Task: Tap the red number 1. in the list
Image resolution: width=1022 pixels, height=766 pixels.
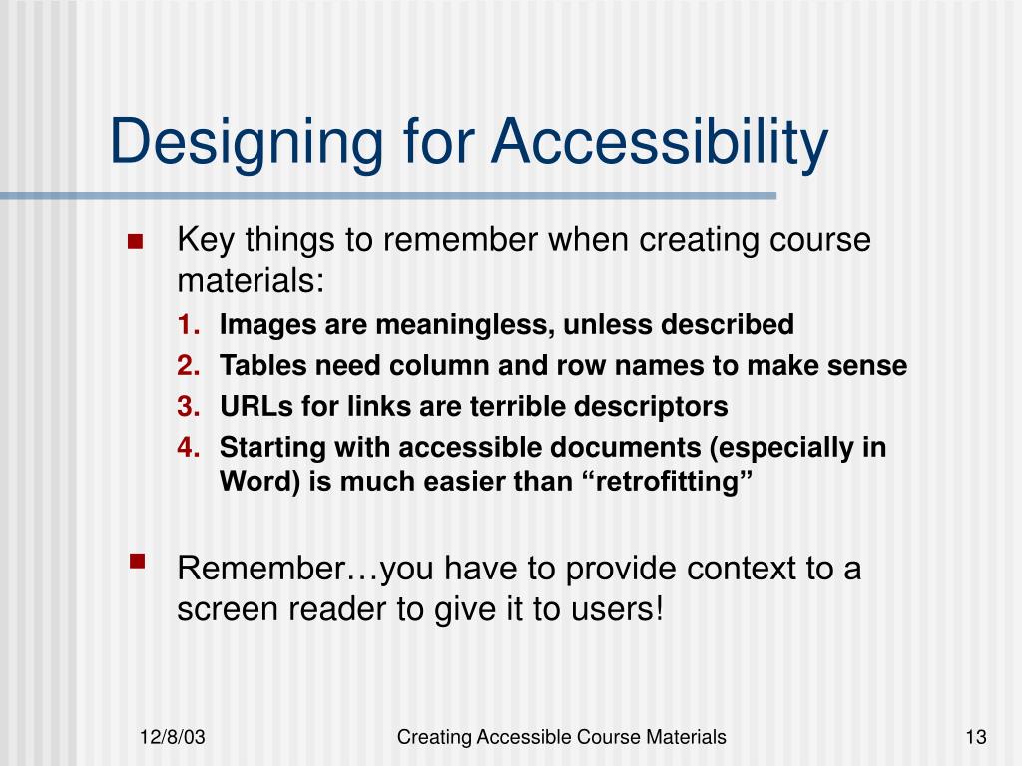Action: (x=190, y=325)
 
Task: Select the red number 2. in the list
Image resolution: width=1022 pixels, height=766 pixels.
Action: (x=190, y=366)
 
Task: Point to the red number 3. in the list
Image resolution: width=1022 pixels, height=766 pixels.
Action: (x=190, y=407)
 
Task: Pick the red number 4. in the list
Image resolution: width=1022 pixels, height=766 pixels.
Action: (x=190, y=448)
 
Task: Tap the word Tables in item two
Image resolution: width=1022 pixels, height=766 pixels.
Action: (x=255, y=366)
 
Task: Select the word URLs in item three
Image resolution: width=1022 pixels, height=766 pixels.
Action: (x=249, y=407)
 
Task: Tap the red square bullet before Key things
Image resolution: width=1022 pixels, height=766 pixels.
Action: (x=136, y=242)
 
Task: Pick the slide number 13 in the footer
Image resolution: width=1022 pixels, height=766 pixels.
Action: (x=975, y=738)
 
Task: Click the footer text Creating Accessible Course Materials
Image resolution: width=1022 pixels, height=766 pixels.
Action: (x=561, y=738)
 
